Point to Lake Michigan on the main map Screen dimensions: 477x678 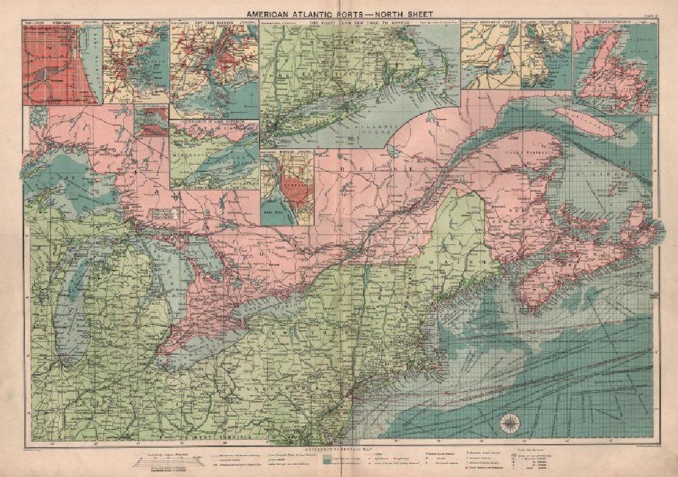[73, 320]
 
